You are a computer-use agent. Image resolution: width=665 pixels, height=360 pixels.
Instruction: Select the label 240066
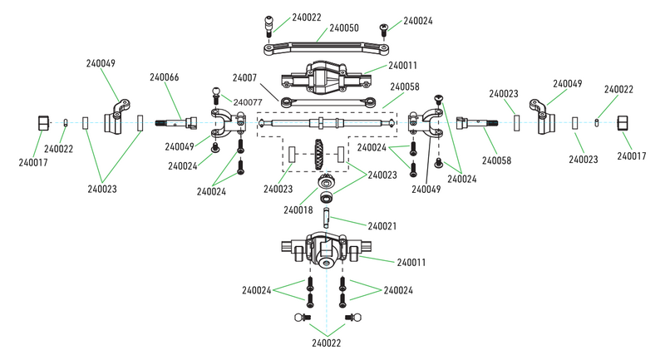(x=164, y=77)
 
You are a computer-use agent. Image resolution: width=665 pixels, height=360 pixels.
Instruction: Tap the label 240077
(x=248, y=102)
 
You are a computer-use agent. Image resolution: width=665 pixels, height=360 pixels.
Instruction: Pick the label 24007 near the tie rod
(x=244, y=77)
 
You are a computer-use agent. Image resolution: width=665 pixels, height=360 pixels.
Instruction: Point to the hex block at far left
(x=44, y=123)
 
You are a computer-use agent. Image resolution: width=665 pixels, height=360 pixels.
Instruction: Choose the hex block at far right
(x=624, y=124)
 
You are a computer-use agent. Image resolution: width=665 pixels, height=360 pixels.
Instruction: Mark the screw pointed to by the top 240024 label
(x=384, y=28)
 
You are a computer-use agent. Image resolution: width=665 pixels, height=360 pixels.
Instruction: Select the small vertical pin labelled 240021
(x=326, y=220)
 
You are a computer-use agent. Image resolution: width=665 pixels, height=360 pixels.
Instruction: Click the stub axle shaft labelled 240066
(x=184, y=124)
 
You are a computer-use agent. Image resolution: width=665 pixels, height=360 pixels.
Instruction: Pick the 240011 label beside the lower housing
(x=411, y=263)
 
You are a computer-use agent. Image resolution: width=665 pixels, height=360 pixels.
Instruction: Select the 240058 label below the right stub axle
(x=498, y=160)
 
